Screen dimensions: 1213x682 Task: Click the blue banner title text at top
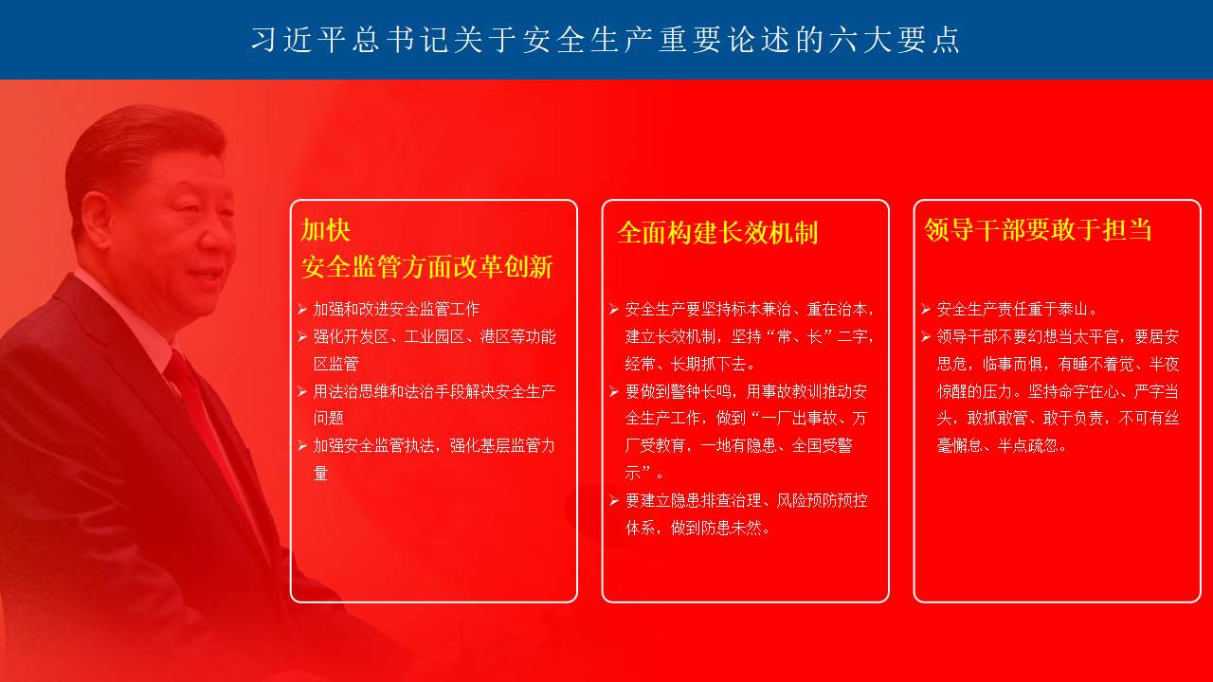606,40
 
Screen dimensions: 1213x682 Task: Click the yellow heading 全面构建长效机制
717,233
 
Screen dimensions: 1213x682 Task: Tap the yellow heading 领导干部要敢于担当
1038,229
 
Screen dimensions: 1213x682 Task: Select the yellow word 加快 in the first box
325,230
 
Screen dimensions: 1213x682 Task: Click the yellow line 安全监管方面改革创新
426,267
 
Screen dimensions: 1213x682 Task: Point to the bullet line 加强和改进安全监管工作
396,309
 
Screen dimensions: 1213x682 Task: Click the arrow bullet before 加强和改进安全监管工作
302,309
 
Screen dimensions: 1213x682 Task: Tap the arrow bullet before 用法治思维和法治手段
302,391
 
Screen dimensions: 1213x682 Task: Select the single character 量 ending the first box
320,473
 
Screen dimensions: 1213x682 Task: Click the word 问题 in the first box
329,418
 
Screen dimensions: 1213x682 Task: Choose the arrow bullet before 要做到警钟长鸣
614,391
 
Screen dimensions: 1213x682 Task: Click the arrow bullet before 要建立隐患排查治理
614,501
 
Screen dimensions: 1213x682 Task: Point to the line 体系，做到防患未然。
697,528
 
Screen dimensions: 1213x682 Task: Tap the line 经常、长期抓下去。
690,364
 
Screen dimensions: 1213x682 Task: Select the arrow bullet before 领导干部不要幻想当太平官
926,336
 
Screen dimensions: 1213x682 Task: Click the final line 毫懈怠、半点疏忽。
1002,445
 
